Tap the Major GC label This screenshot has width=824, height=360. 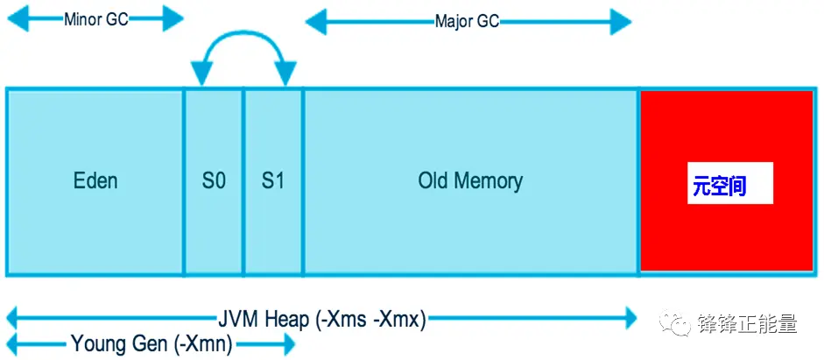(x=467, y=21)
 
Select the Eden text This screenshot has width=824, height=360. (x=95, y=181)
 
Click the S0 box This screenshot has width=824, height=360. (x=214, y=181)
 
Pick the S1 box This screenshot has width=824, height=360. (x=273, y=181)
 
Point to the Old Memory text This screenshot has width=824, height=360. (x=470, y=181)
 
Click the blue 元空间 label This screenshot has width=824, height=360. (x=719, y=187)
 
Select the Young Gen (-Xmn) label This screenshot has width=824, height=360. (x=151, y=344)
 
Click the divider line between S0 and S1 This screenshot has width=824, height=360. (x=243, y=181)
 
